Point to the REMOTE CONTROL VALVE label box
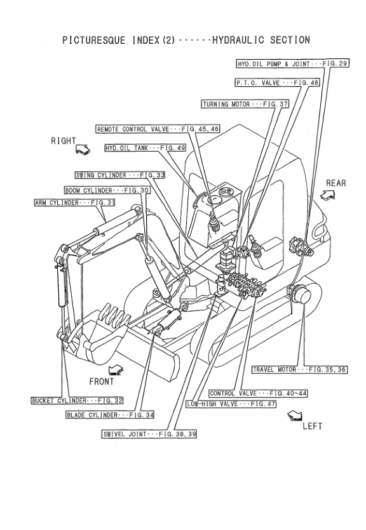(x=158, y=129)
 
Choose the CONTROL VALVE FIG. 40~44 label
(x=249, y=394)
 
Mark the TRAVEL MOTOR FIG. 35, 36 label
(x=298, y=369)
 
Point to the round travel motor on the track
(x=299, y=296)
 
